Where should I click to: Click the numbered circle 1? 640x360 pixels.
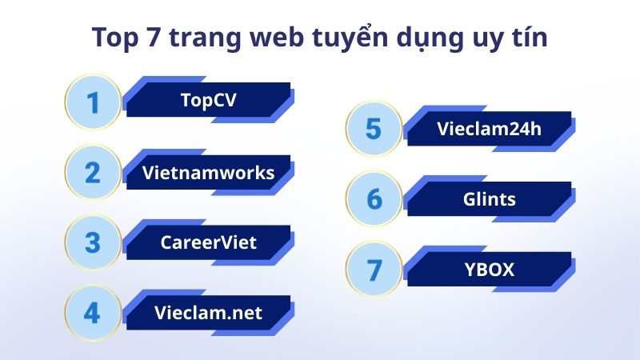click(x=93, y=102)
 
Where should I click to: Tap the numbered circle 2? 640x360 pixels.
click(x=93, y=172)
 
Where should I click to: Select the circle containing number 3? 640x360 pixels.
click(x=93, y=242)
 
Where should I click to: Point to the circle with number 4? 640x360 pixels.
click(x=93, y=312)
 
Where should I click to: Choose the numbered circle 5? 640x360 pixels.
click(x=374, y=128)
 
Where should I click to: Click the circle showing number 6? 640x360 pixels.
click(x=374, y=198)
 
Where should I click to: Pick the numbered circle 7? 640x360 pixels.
click(x=374, y=270)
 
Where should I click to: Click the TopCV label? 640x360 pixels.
click(x=208, y=100)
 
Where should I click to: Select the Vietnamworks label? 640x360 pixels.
click(x=208, y=171)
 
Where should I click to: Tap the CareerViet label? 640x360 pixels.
click(x=208, y=241)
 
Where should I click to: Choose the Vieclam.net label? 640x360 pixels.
click(x=208, y=311)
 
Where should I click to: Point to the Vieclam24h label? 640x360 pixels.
click(x=490, y=128)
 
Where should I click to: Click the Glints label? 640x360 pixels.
click(x=490, y=198)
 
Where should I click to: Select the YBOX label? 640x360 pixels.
click(x=490, y=269)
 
